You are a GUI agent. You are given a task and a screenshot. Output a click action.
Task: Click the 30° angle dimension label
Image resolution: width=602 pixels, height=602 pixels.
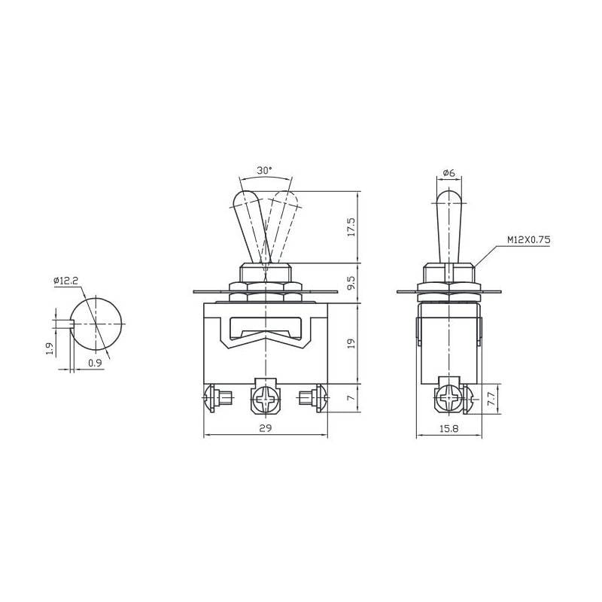(265, 171)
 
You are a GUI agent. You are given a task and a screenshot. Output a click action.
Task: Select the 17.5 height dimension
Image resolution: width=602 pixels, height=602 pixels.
(351, 227)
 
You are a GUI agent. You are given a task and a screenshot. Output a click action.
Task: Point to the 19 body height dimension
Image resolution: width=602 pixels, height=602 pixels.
(351, 343)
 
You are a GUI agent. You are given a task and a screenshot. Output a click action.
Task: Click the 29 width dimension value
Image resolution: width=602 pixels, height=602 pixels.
(266, 428)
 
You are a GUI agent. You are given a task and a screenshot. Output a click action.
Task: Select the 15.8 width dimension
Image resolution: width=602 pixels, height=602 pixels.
(448, 428)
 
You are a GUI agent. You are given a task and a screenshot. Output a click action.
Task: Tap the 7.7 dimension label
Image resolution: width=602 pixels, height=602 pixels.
(491, 400)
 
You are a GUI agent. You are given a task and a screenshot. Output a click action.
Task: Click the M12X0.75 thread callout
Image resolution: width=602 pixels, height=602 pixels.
(529, 240)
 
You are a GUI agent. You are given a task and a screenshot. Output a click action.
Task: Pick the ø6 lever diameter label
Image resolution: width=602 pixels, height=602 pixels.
(448, 173)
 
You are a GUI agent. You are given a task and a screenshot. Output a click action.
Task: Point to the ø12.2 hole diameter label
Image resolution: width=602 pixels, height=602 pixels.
(65, 281)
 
